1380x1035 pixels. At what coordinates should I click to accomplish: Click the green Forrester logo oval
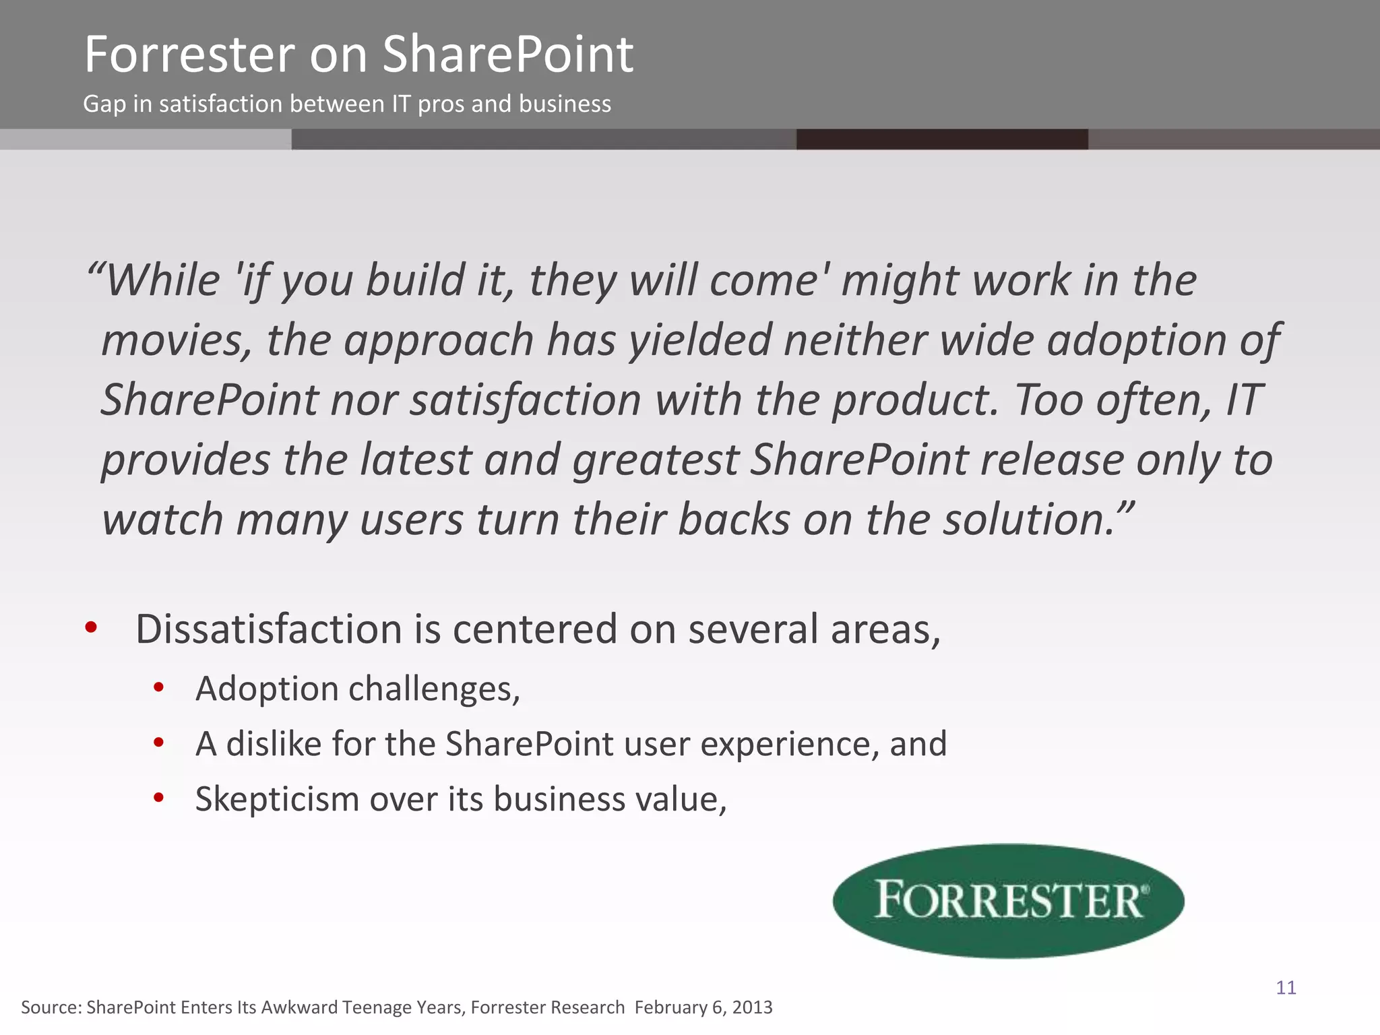(1008, 900)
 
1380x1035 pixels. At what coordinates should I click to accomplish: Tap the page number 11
(1286, 988)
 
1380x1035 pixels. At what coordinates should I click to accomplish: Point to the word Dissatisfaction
(269, 629)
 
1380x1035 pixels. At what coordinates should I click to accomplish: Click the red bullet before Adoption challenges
(159, 688)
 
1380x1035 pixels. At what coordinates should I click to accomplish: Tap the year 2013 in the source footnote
(752, 1007)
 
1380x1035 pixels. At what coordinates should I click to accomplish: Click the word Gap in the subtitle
(104, 104)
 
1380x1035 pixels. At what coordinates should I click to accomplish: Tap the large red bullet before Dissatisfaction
(92, 628)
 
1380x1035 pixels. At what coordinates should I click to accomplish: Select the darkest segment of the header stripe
(941, 139)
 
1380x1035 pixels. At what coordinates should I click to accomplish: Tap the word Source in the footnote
(51, 1007)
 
